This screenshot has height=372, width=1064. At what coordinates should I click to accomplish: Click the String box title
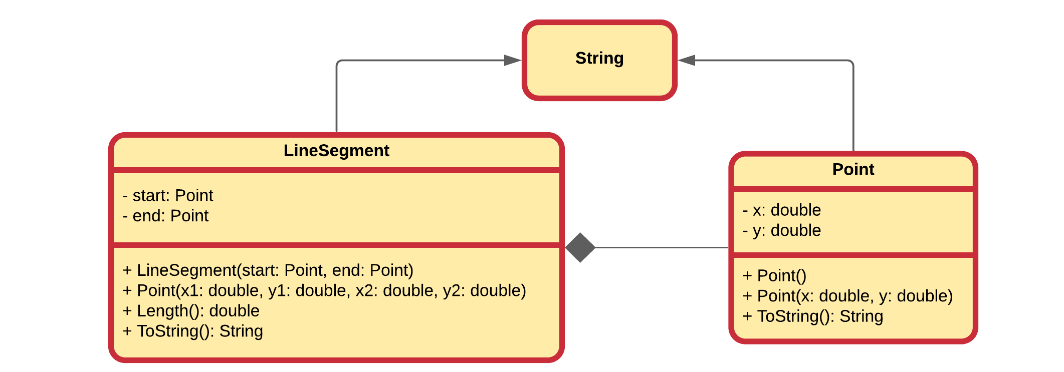pyautogui.click(x=599, y=59)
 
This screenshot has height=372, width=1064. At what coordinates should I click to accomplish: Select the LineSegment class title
pyautogui.click(x=336, y=151)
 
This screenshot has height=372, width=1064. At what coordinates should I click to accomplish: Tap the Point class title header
pyautogui.click(x=853, y=169)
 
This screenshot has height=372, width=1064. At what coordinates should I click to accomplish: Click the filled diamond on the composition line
pyautogui.click(x=580, y=247)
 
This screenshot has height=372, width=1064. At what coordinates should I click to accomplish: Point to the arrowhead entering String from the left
pyautogui.click(x=512, y=61)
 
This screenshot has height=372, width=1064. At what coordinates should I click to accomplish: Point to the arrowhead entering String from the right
pyautogui.click(x=687, y=61)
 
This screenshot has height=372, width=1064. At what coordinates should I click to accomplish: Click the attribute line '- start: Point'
pyautogui.click(x=168, y=195)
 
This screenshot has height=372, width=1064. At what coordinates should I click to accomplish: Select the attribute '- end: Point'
pyautogui.click(x=165, y=216)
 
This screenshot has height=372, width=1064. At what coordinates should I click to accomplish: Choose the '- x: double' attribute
pyautogui.click(x=782, y=210)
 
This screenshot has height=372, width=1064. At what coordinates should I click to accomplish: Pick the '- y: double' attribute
pyautogui.click(x=782, y=230)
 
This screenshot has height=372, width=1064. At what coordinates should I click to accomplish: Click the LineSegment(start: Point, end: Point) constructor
pyautogui.click(x=268, y=270)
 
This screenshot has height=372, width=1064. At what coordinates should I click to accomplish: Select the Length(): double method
pyautogui.click(x=191, y=311)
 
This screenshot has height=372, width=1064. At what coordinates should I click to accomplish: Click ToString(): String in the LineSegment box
pyautogui.click(x=193, y=331)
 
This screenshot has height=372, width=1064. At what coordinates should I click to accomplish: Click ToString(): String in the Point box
pyautogui.click(x=813, y=316)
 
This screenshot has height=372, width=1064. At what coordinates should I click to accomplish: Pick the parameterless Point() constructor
pyautogui.click(x=775, y=276)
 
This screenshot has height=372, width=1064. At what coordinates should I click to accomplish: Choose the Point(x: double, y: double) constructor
pyautogui.click(x=848, y=296)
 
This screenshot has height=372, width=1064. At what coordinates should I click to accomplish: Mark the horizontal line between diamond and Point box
pyautogui.click(x=662, y=247)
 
